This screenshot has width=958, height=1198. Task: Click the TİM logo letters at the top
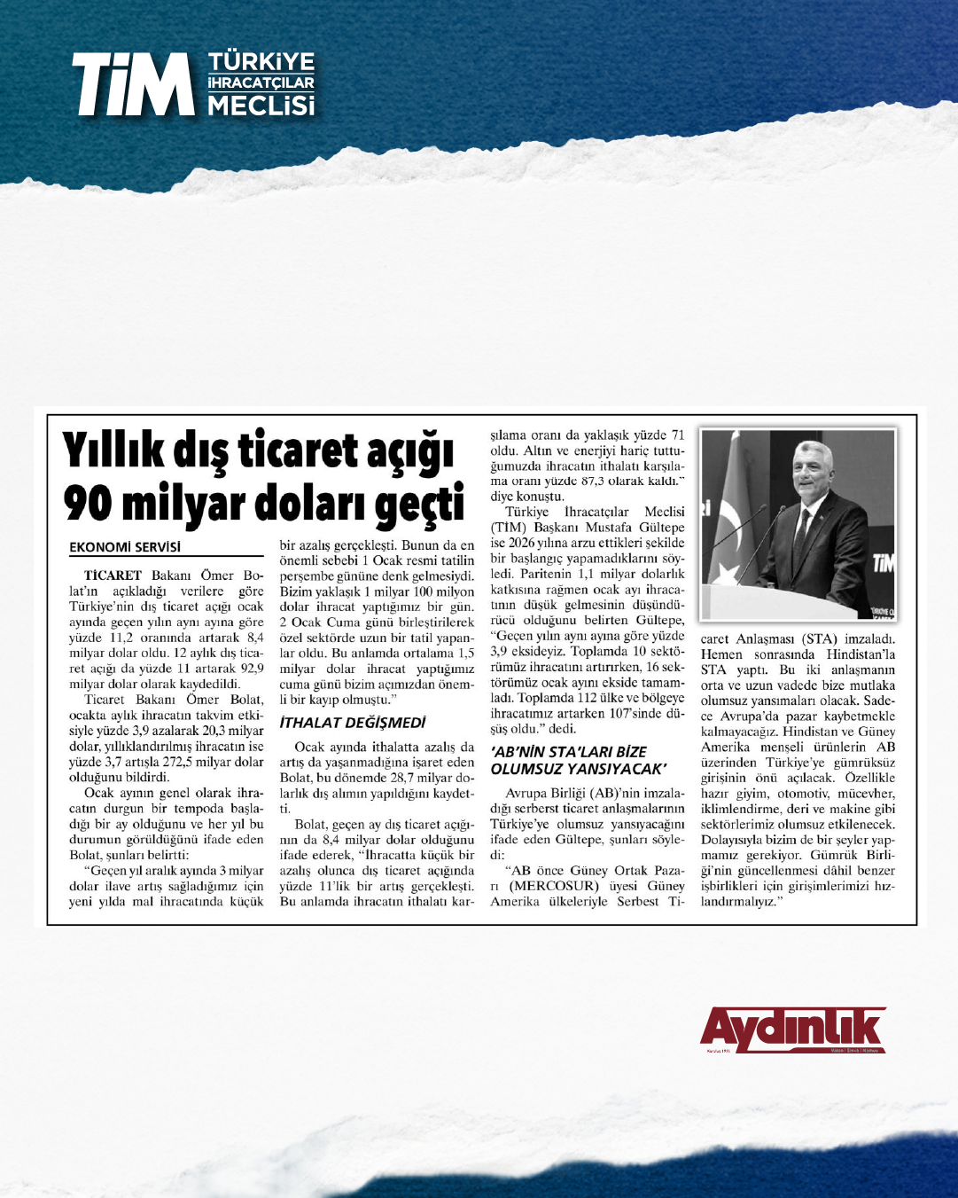[x=133, y=84]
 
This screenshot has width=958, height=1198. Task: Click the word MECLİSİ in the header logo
[x=261, y=106]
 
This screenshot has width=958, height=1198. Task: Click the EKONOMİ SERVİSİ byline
[x=125, y=547]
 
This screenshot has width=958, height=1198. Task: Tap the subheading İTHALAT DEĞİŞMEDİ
[x=352, y=723]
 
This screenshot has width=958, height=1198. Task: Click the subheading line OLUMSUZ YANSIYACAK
[x=578, y=768]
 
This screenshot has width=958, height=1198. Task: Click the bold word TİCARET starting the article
[x=113, y=576]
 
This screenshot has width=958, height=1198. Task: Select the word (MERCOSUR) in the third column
[x=556, y=886]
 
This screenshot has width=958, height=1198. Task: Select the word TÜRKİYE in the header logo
[x=261, y=62]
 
